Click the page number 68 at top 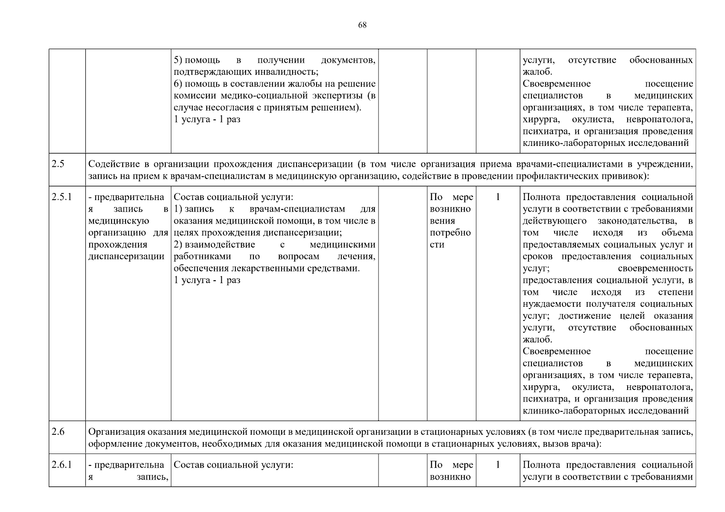click(362, 25)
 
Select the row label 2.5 click(58, 164)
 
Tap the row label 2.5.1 click(62, 197)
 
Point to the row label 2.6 click(58, 431)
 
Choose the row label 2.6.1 click(62, 465)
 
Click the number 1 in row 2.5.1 click(498, 197)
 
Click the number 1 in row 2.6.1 click(498, 465)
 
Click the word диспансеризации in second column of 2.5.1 click(126, 256)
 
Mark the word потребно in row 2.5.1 click(450, 233)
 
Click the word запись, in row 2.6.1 click(152, 477)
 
